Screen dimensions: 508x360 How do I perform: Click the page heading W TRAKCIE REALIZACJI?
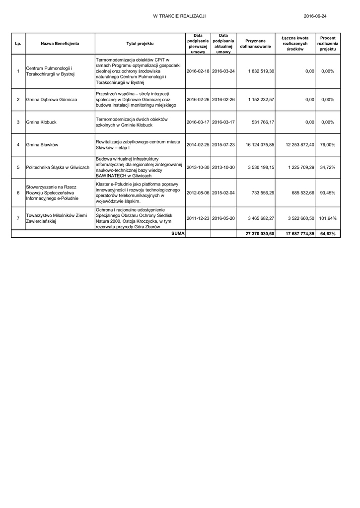click(x=179, y=16)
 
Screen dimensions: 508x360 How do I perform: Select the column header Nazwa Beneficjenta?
click(x=60, y=44)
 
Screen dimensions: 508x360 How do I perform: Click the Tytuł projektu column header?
click(x=140, y=44)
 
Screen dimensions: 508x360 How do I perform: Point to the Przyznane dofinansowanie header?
click(x=255, y=44)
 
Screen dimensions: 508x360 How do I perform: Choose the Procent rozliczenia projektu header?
click(x=328, y=44)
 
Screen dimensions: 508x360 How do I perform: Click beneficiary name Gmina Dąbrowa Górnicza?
click(x=51, y=100)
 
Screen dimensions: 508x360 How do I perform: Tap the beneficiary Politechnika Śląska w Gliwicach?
click(x=57, y=167)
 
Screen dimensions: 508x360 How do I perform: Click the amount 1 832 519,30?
click(x=262, y=71)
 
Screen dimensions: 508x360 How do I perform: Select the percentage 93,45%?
click(x=328, y=192)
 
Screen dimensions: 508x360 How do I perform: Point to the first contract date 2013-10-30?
click(x=198, y=167)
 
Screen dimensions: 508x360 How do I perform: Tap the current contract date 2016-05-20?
click(x=223, y=218)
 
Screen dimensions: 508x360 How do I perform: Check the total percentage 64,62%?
click(x=328, y=234)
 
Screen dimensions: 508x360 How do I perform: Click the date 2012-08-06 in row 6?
click(x=198, y=192)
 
